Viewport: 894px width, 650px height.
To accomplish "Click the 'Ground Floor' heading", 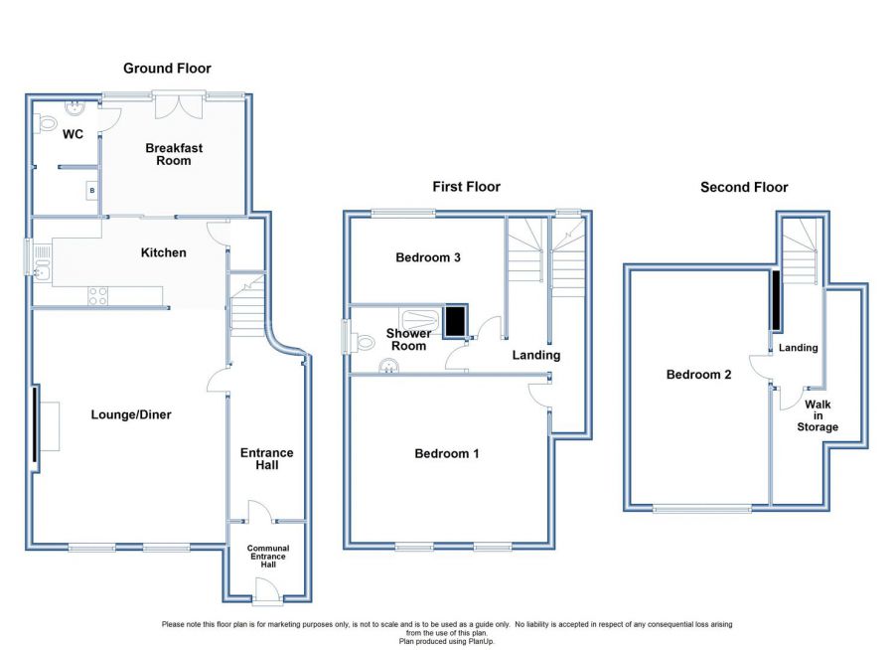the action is coord(167,69).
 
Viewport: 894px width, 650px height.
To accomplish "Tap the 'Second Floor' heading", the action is coord(744,187).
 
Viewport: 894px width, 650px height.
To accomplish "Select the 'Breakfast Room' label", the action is coord(174,154).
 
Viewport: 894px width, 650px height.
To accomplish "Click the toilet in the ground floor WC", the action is coord(46,123).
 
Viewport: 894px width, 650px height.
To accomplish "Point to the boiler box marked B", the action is coord(91,190).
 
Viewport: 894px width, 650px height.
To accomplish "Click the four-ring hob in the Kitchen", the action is coord(97,296).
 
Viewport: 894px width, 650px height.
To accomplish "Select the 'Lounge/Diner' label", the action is coord(131,414).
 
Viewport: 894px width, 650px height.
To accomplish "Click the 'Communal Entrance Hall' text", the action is coord(268,557).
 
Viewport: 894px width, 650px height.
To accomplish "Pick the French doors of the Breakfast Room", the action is coord(180,104).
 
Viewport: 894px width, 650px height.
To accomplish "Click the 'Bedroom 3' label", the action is coord(427,257).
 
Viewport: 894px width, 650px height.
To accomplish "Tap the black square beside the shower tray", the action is coord(456,321).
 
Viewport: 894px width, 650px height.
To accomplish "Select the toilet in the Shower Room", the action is coord(362,343).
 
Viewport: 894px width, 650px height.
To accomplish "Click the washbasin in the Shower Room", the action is coord(388,366).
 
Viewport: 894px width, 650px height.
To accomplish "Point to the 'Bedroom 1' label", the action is coord(446,453).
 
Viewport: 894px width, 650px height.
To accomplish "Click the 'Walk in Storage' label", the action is coord(818,415).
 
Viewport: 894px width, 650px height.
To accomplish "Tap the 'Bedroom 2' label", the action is coord(698,375).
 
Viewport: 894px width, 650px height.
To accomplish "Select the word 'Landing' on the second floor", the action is coord(799,348).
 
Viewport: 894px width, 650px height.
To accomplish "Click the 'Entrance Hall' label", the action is coord(267,459).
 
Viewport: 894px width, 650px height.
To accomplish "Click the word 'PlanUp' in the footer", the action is coord(483,641).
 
